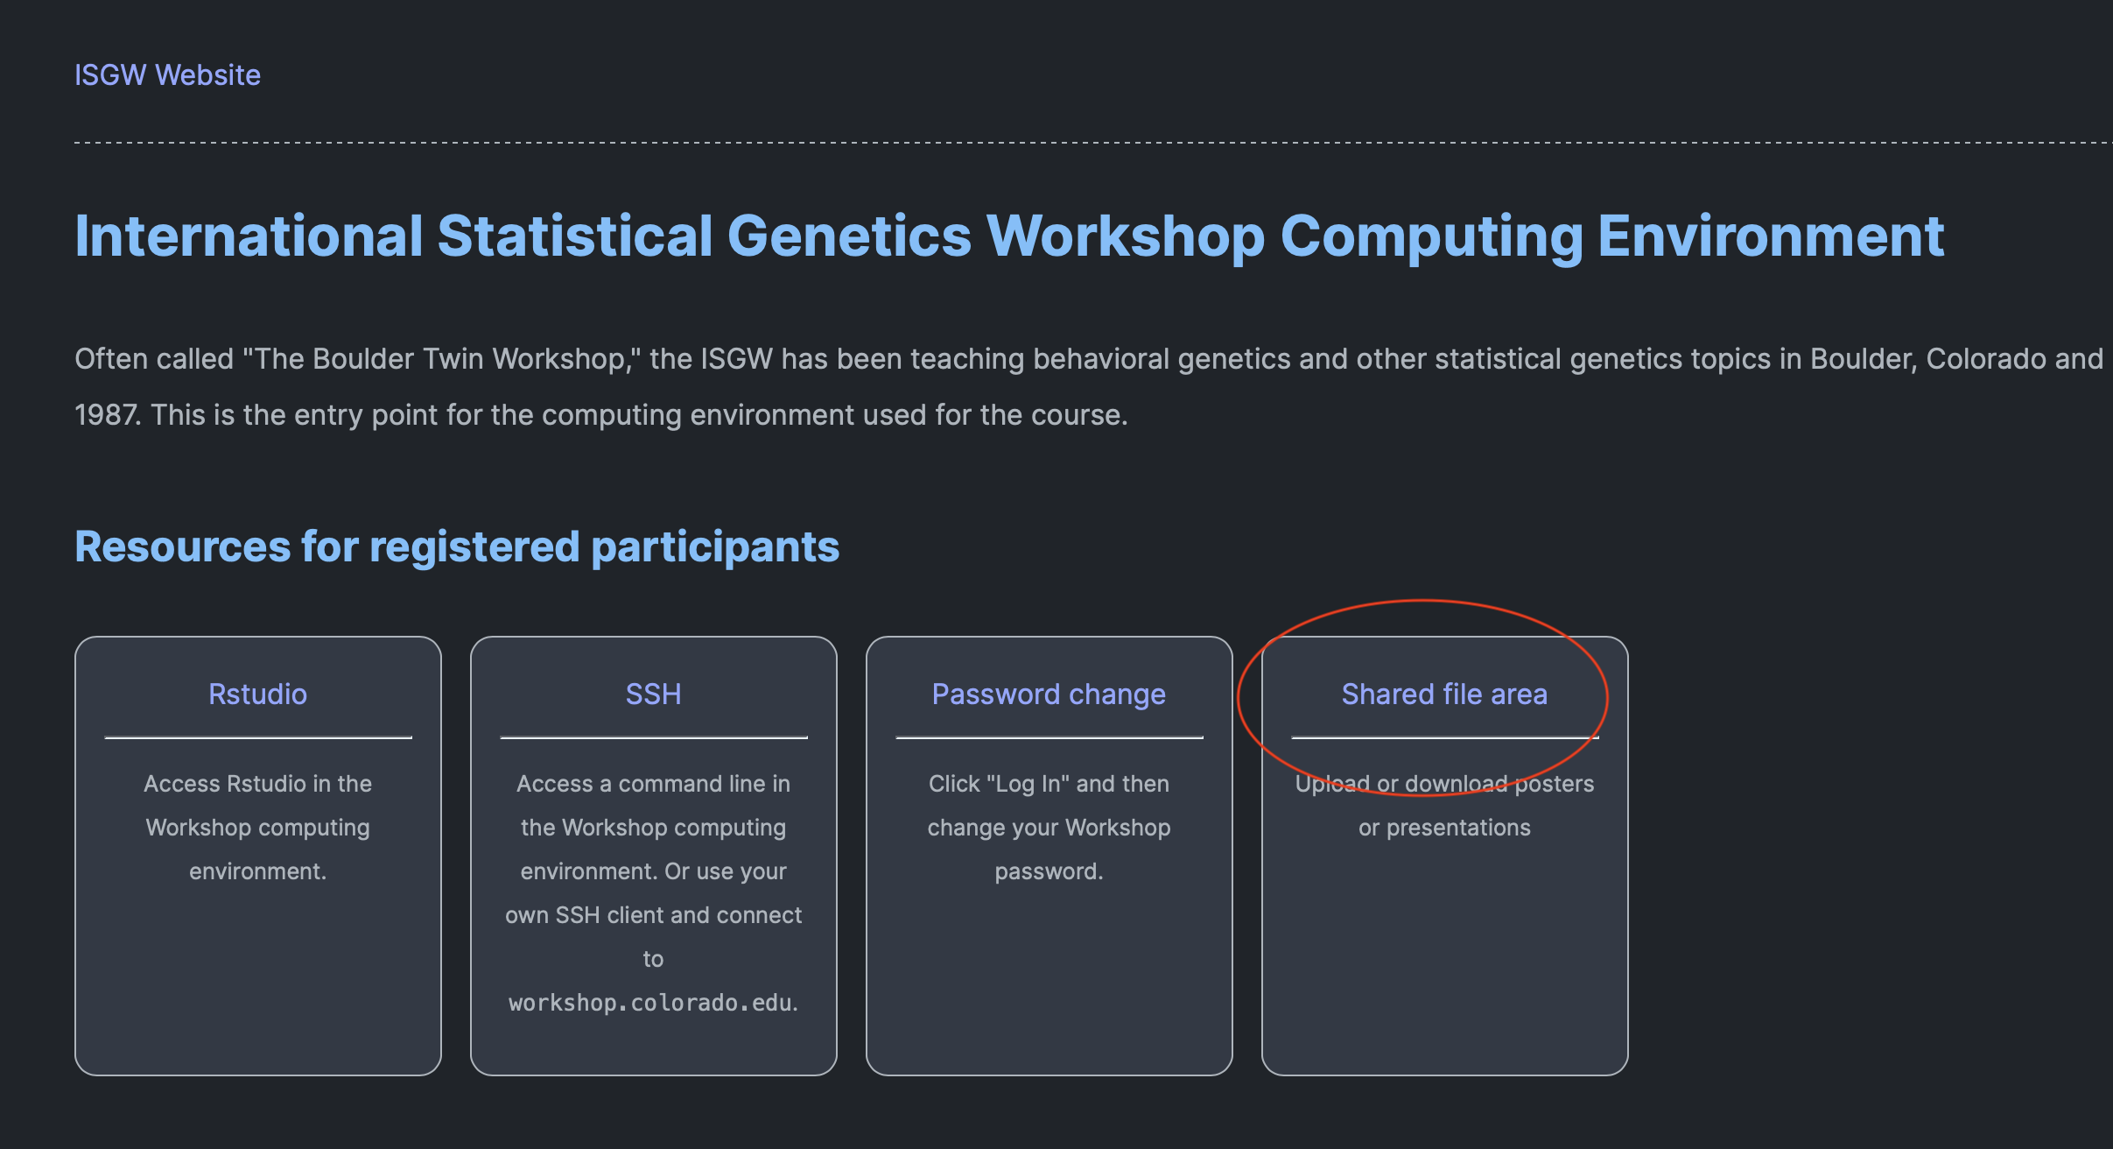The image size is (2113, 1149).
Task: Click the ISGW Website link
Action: (167, 75)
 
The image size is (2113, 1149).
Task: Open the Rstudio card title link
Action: (258, 694)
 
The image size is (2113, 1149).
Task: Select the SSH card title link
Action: (654, 694)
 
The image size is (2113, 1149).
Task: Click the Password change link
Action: (1049, 694)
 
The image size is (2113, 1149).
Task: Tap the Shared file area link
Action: (1444, 694)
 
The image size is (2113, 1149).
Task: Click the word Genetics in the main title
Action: (849, 236)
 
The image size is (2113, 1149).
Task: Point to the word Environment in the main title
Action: (1771, 236)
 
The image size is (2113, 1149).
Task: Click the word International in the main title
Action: (249, 236)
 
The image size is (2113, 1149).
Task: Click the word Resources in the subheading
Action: (182, 546)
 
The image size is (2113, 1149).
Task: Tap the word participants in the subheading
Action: (715, 548)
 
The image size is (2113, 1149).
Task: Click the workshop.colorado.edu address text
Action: (650, 1003)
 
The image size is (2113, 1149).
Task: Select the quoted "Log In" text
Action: (1028, 784)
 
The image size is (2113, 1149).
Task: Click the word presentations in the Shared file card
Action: (1458, 828)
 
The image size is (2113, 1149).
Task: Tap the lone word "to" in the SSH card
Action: (653, 959)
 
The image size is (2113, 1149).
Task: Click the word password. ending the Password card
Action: (1049, 872)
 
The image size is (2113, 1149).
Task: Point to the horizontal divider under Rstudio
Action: (258, 737)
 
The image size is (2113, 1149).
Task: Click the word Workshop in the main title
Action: (1126, 238)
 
